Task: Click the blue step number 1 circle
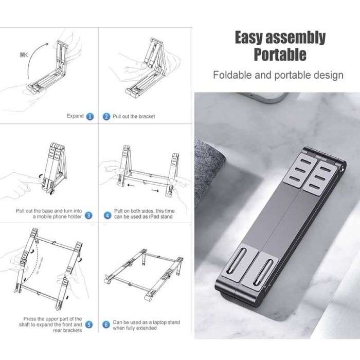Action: tap(90, 117)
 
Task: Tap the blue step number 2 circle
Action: tap(106, 117)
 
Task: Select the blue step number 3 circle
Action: tap(89, 216)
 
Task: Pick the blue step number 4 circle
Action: tap(106, 216)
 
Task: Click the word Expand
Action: tap(75, 116)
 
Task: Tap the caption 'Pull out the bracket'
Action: tap(133, 117)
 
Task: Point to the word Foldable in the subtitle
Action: tap(232, 75)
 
